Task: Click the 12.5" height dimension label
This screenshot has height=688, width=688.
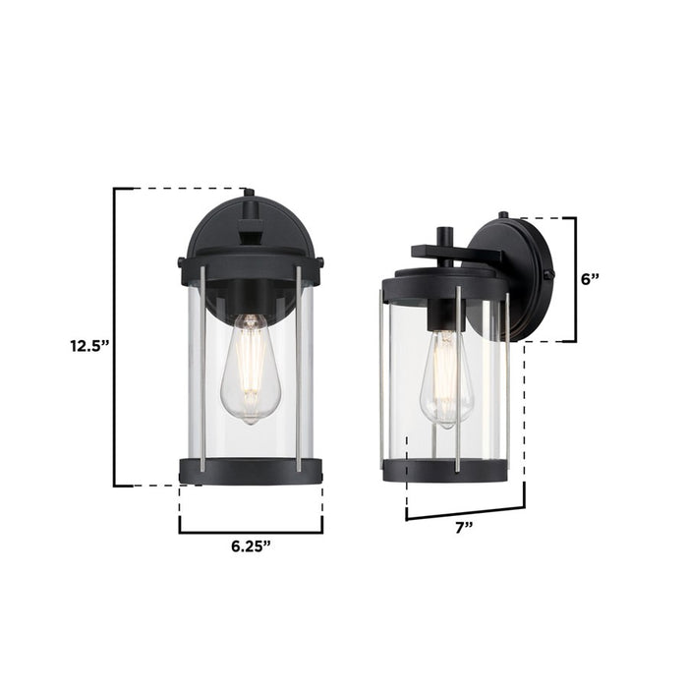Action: tap(87, 345)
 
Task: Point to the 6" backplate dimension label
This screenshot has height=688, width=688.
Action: tap(591, 278)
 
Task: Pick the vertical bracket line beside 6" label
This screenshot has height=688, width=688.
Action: tap(576, 279)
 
